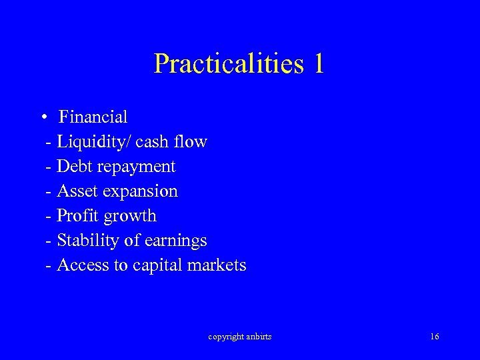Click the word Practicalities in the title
point(227,64)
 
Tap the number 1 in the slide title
point(317,63)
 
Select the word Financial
point(93,117)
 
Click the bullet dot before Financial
point(42,118)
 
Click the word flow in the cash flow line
point(192,141)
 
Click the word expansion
point(139,192)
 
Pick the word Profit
point(76,215)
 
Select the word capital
point(157,265)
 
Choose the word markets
point(217,265)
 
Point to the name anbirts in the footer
point(259,337)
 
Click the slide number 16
point(435,337)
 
